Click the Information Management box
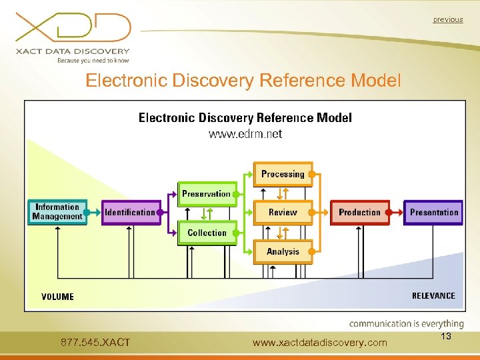tap(57, 212)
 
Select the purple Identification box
tap(131, 213)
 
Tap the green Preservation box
tap(207, 194)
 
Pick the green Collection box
tap(207, 233)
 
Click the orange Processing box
tap(283, 174)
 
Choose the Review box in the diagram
tap(283, 213)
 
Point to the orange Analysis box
tap(283, 251)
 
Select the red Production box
tap(359, 213)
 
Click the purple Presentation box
tap(433, 213)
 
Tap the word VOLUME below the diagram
tap(57, 297)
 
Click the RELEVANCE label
tap(433, 295)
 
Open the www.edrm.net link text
tap(245, 134)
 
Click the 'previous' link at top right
tap(447, 19)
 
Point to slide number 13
tap(446, 337)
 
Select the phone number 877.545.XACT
tap(95, 343)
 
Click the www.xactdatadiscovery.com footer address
tap(320, 343)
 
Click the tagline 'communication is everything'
tap(406, 324)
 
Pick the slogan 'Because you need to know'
tap(93, 61)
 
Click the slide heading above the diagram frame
tap(244, 81)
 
